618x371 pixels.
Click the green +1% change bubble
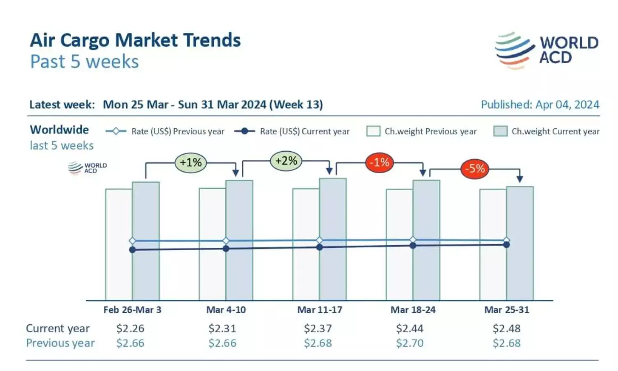point(190,162)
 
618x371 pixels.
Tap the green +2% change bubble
point(286,161)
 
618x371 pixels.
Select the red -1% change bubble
point(379,162)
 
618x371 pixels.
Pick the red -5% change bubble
point(475,168)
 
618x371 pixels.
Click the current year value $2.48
point(506,329)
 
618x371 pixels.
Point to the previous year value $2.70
point(410,343)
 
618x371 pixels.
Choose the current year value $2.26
point(130,329)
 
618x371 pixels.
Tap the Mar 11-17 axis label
point(320,310)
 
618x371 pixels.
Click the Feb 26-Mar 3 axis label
point(132,310)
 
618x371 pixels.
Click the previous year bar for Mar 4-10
point(213,272)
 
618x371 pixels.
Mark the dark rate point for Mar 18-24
point(413,245)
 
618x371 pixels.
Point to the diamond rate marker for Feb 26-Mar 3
point(132,241)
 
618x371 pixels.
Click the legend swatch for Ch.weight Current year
point(500,131)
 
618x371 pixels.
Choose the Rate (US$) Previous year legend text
point(178,131)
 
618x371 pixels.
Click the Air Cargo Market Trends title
point(135,40)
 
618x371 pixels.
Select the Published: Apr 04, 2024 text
point(540,105)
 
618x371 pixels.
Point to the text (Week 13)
point(296,105)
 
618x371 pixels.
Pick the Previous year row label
point(60,343)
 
